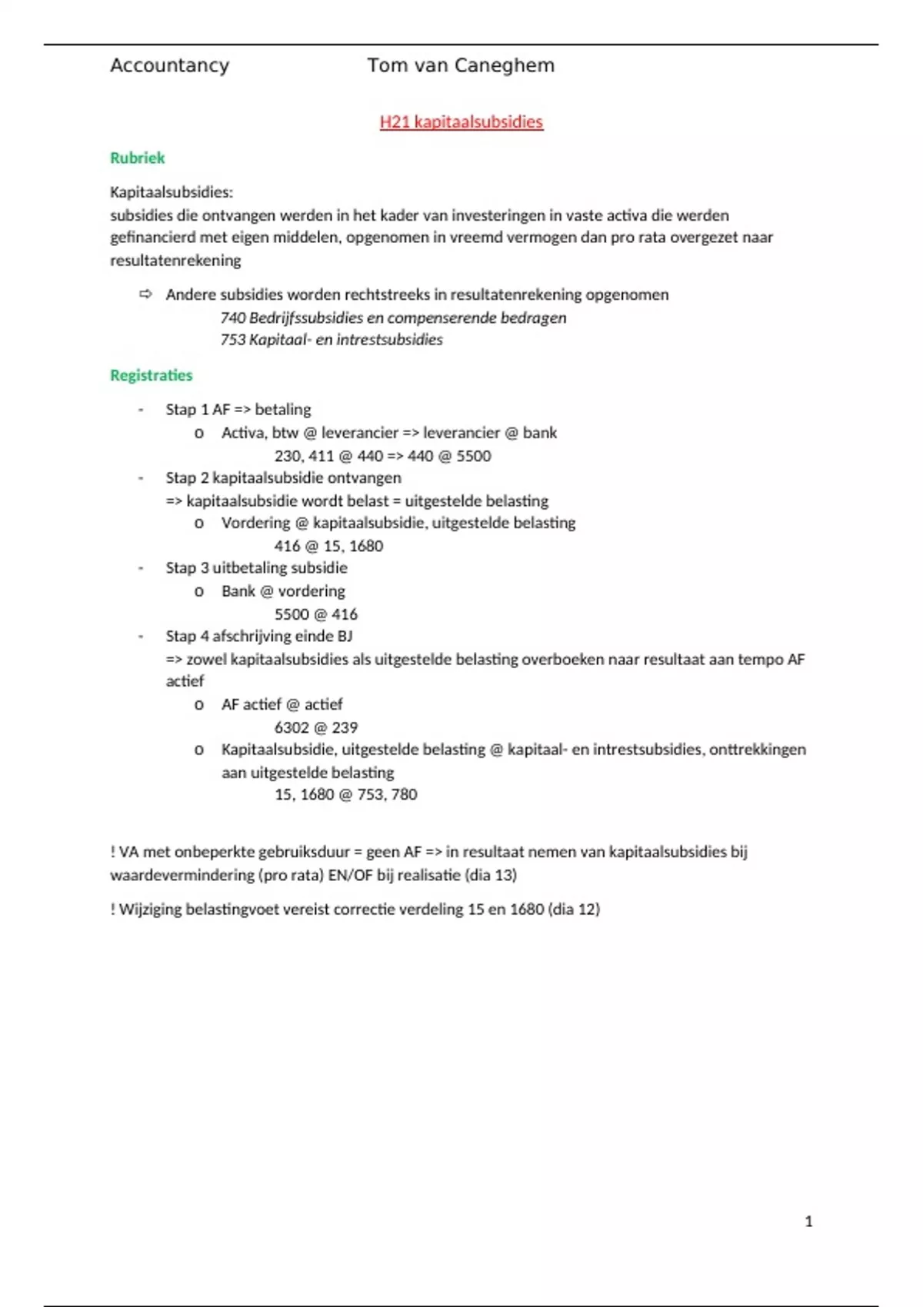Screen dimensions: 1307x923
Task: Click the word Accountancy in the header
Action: pyautogui.click(x=169, y=66)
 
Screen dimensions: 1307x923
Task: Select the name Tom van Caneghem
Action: pyautogui.click(x=461, y=66)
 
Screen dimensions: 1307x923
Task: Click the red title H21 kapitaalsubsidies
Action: pyautogui.click(x=461, y=122)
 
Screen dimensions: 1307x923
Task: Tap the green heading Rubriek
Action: pyautogui.click(x=138, y=158)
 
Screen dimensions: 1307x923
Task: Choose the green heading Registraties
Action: pyautogui.click(x=152, y=376)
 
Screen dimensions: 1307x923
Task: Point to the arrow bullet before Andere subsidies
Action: pyautogui.click(x=145, y=294)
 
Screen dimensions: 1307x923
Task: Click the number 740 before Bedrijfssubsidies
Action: pyautogui.click(x=232, y=318)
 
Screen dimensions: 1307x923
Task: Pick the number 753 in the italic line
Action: pyautogui.click(x=232, y=340)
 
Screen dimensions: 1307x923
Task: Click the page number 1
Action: pyautogui.click(x=808, y=1222)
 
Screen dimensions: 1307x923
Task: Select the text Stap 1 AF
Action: pyautogui.click(x=198, y=410)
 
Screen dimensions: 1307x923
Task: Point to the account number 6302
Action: pyautogui.click(x=292, y=728)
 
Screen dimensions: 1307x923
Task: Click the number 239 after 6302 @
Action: pyautogui.click(x=345, y=728)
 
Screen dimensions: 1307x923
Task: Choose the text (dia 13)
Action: pyautogui.click(x=491, y=875)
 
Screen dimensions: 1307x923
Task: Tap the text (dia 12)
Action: pyautogui.click(x=574, y=910)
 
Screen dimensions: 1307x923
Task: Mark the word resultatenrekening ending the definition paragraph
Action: pyautogui.click(x=175, y=261)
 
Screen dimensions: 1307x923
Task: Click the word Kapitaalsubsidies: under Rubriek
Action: pyautogui.click(x=172, y=192)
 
